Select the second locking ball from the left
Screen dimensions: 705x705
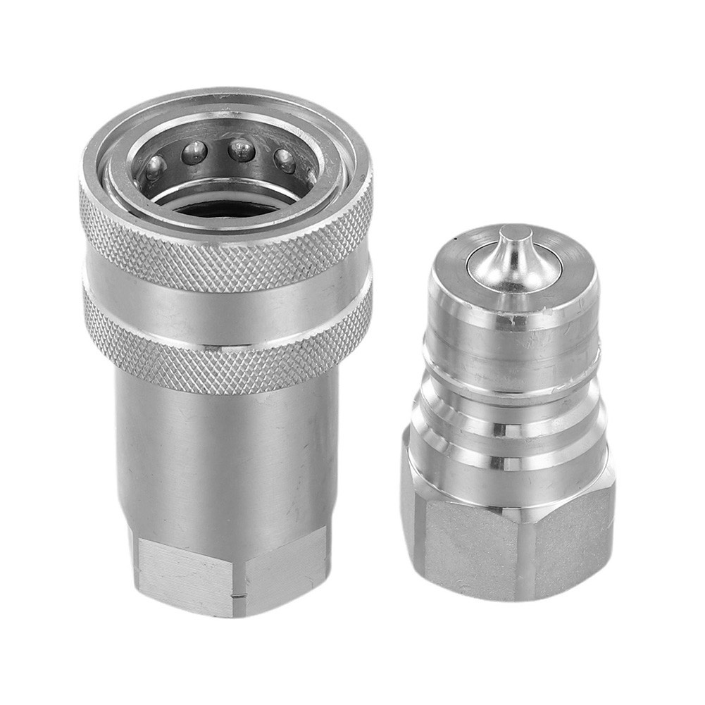(x=194, y=152)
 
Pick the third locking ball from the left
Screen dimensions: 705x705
(x=241, y=149)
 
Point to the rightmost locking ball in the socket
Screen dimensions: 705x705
(x=284, y=161)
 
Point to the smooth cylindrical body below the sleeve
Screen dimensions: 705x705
(x=225, y=458)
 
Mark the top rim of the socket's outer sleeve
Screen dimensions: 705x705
(x=225, y=99)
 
